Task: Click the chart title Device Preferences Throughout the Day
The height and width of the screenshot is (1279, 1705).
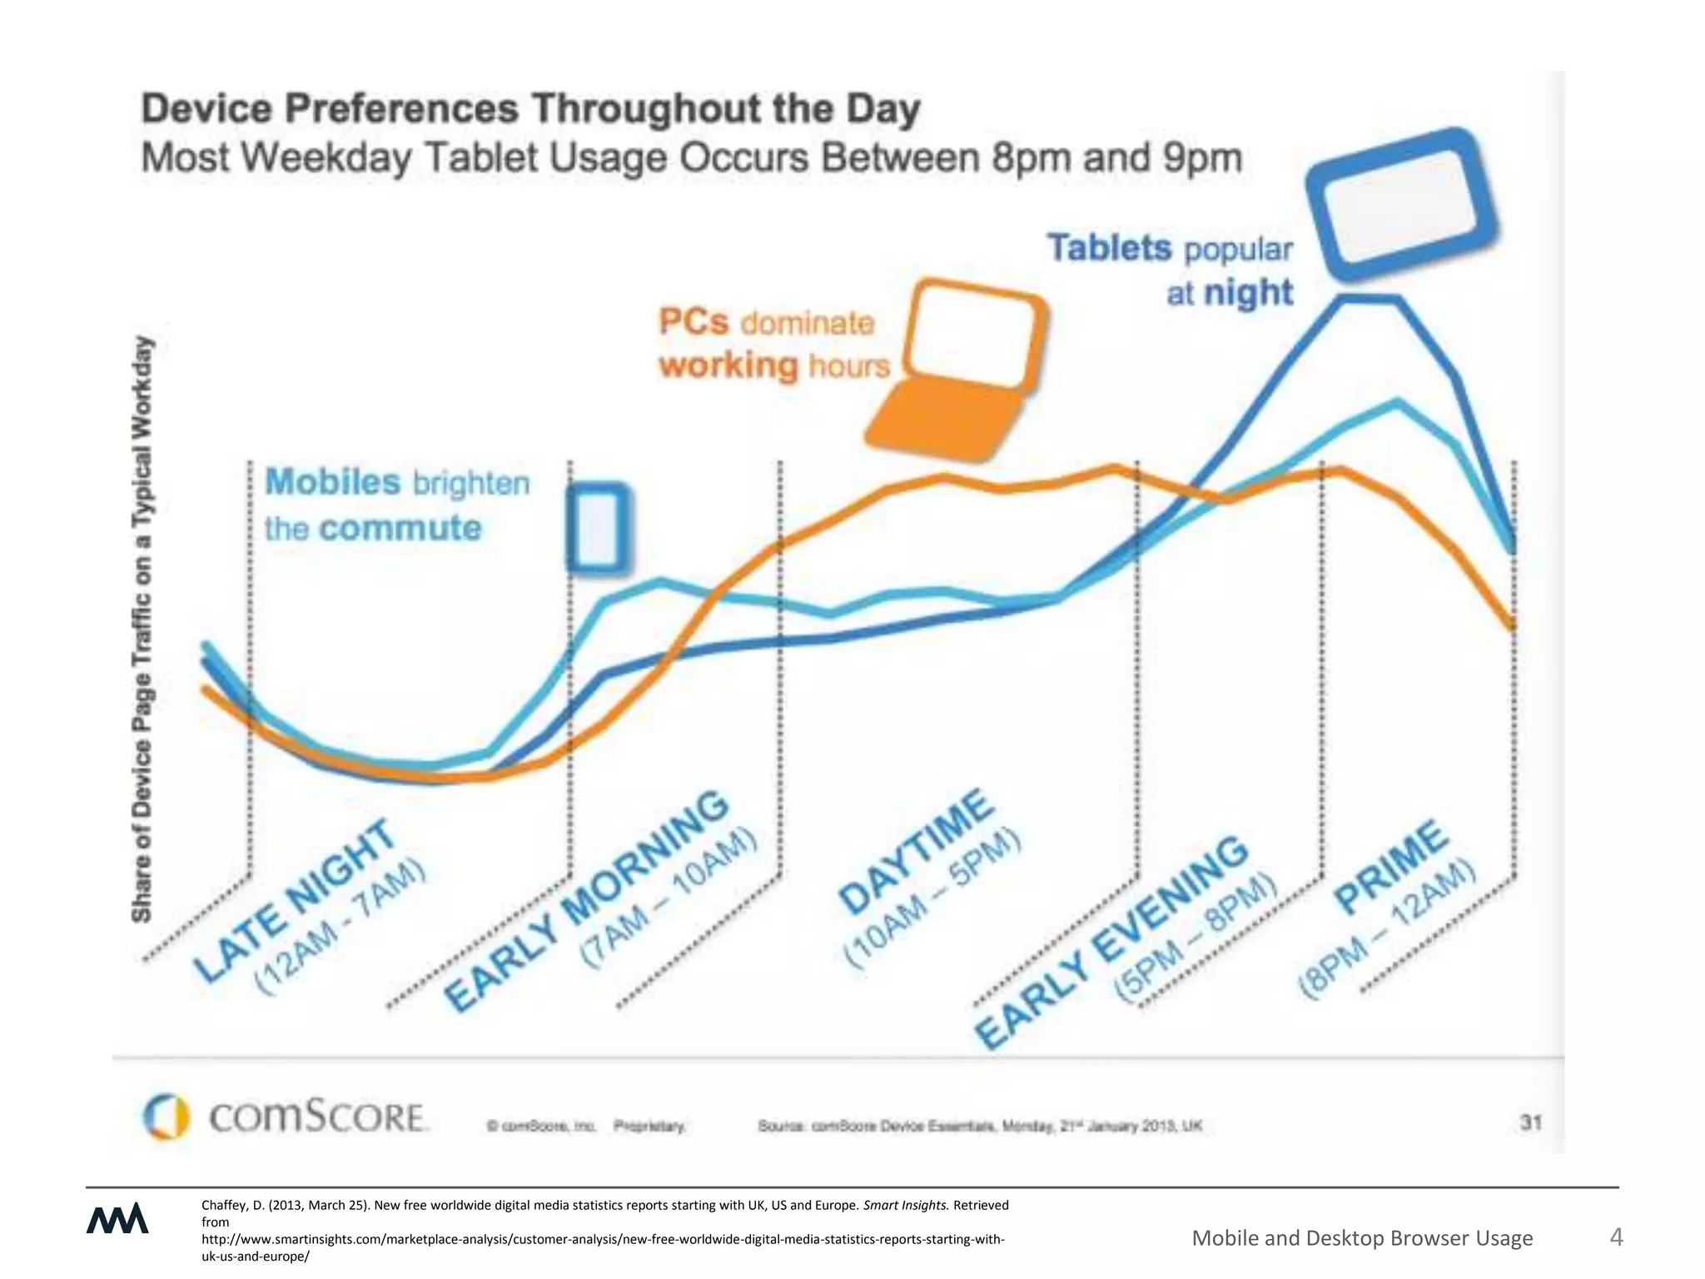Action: click(530, 109)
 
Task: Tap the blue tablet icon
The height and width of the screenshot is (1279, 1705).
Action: click(1400, 205)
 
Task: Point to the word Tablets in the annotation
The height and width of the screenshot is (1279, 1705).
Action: click(1109, 248)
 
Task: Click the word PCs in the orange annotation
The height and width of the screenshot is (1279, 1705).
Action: click(693, 321)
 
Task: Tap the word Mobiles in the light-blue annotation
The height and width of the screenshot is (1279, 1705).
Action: click(332, 482)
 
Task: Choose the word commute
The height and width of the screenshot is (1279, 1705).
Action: click(400, 528)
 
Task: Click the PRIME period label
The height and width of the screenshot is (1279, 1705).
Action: click(1390, 866)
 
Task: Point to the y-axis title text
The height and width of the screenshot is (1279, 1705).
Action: click(143, 629)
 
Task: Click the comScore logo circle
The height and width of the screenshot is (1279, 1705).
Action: click(166, 1116)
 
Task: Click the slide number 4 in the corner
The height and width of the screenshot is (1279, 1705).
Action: click(1616, 1237)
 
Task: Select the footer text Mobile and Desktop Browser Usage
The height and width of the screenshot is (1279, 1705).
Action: click(1362, 1238)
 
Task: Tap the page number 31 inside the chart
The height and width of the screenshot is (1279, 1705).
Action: click(1531, 1122)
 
